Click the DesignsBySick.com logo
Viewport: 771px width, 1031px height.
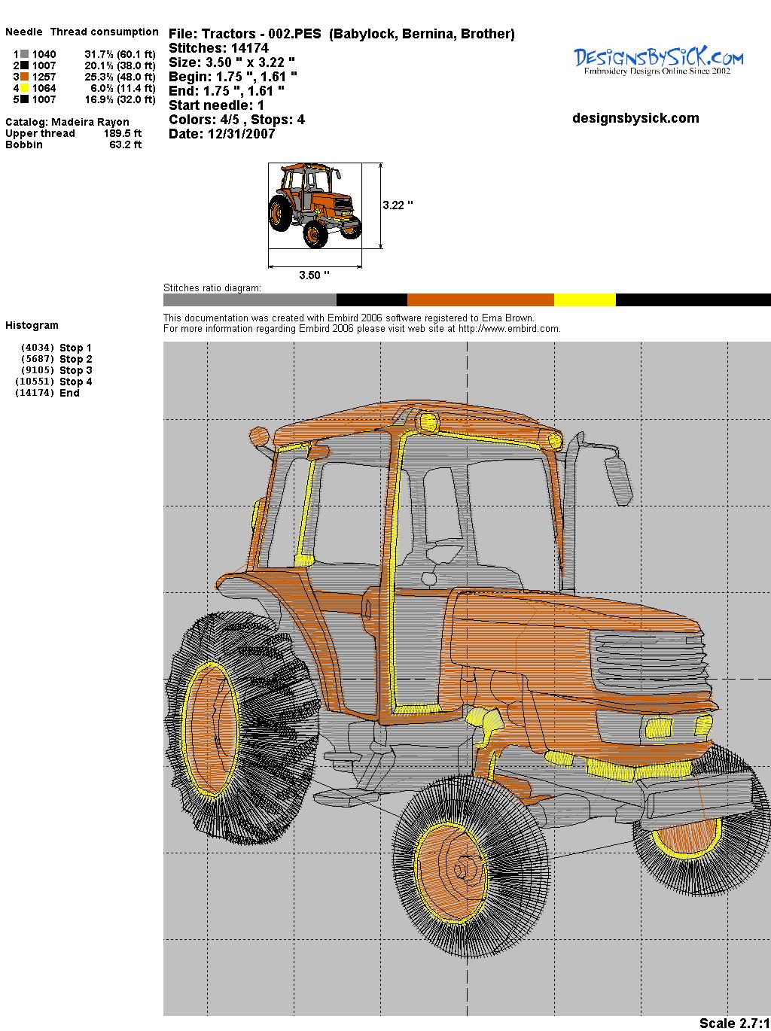658,61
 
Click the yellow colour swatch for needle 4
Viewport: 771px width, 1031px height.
25,88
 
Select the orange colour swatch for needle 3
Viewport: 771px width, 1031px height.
25,77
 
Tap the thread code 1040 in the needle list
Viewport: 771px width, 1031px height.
44,54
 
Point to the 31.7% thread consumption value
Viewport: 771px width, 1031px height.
99,54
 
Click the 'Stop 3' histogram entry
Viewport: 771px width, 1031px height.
75,370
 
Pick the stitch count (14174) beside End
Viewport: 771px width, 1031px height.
35,393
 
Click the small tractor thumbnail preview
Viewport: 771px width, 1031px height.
315,205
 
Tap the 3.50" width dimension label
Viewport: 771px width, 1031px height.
314,275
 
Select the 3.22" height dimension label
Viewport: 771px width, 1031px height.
398,205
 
